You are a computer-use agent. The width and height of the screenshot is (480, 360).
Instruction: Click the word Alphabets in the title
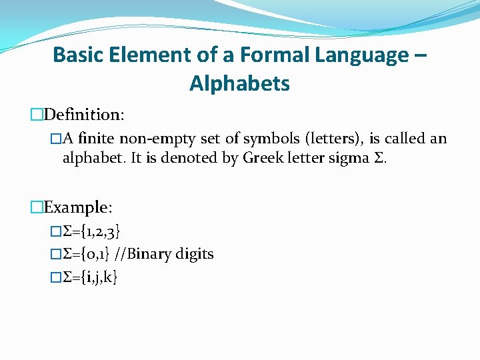tap(239, 84)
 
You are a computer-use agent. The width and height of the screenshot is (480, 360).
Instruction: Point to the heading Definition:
tap(82, 115)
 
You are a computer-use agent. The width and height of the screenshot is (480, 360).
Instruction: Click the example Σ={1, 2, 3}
tap(91, 231)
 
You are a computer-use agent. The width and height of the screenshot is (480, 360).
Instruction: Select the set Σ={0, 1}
tap(87, 254)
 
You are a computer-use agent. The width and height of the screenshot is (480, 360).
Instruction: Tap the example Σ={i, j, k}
tap(89, 276)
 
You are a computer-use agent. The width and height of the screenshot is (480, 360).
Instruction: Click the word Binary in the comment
tap(151, 254)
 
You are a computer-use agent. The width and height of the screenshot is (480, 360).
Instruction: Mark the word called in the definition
tap(407, 139)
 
